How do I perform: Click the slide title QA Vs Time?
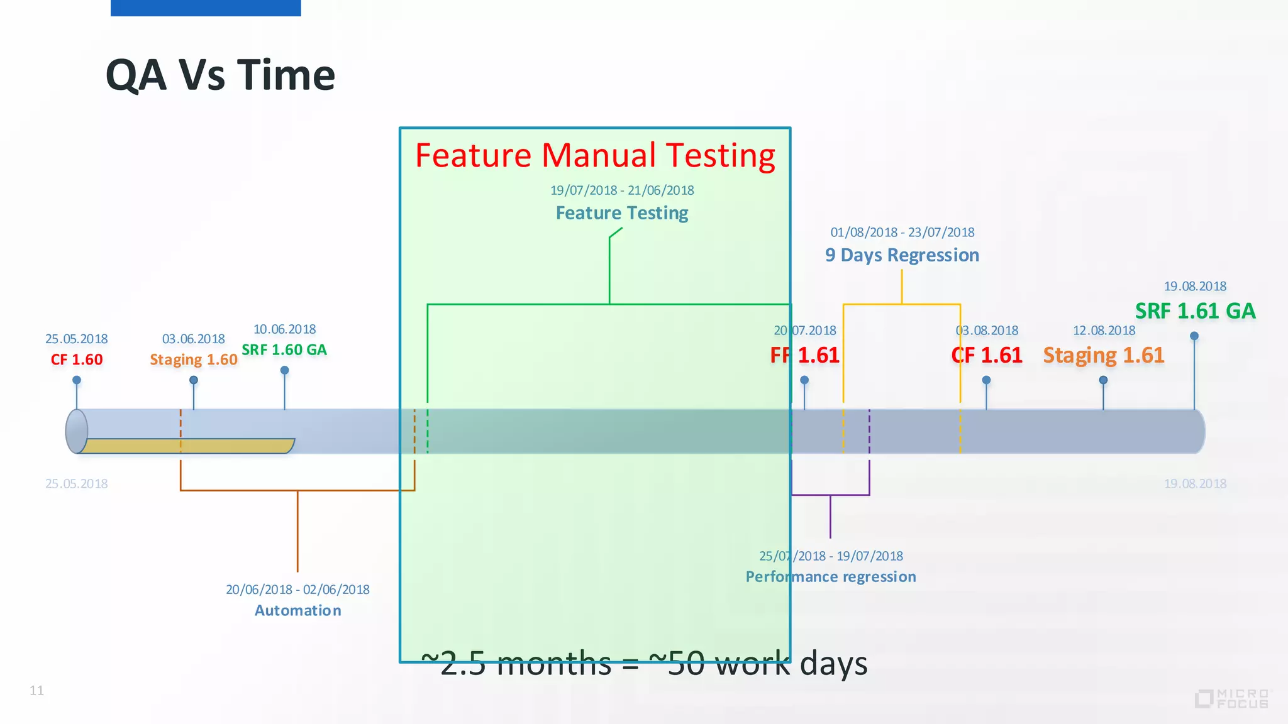pyautogui.click(x=220, y=75)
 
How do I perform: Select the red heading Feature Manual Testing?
pyautogui.click(x=595, y=155)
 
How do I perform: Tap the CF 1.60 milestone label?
pyautogui.click(x=77, y=359)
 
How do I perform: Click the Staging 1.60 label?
pyautogui.click(x=193, y=359)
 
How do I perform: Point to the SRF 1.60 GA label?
pyautogui.click(x=284, y=350)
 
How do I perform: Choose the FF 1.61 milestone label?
pyautogui.click(x=804, y=356)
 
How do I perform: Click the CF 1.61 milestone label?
pyautogui.click(x=986, y=356)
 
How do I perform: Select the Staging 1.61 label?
pyautogui.click(x=1103, y=356)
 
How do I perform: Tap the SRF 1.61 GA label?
pyautogui.click(x=1195, y=311)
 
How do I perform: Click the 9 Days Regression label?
pyautogui.click(x=902, y=255)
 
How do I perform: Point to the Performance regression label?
pyautogui.click(x=830, y=577)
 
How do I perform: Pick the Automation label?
pyautogui.click(x=297, y=610)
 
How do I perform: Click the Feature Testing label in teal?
pyautogui.click(x=621, y=213)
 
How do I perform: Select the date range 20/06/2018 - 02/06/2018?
pyautogui.click(x=297, y=590)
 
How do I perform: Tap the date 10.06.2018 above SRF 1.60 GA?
pyautogui.click(x=284, y=329)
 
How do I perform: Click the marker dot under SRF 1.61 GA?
pyautogui.click(x=1194, y=336)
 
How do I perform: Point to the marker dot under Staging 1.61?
pyautogui.click(x=1103, y=380)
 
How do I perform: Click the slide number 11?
pyautogui.click(x=36, y=691)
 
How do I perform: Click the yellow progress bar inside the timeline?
pyautogui.click(x=189, y=446)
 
